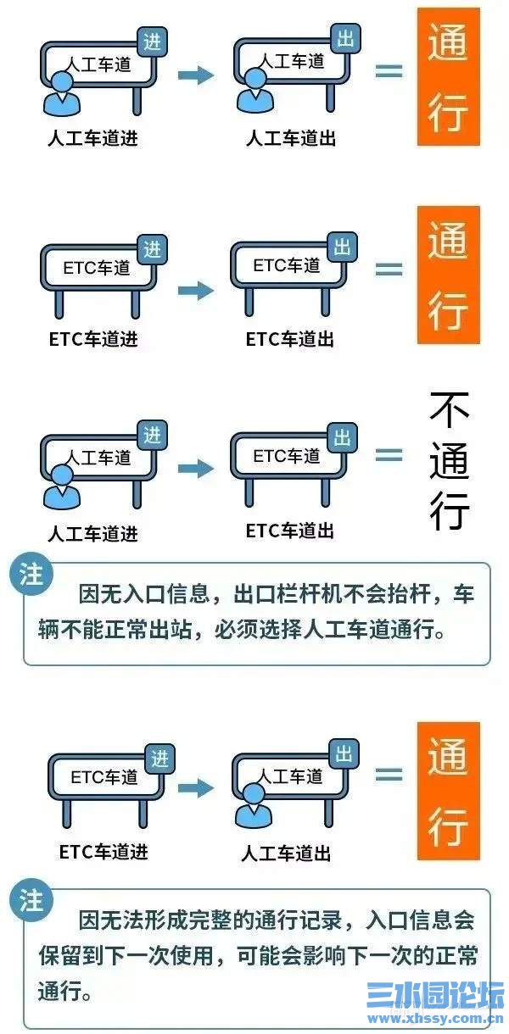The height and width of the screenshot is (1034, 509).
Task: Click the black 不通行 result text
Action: click(x=449, y=461)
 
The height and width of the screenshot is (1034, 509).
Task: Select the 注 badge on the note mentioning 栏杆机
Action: click(x=31, y=577)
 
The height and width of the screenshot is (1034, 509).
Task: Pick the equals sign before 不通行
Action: click(x=389, y=455)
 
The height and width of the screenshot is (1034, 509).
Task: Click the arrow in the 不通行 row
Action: click(x=195, y=467)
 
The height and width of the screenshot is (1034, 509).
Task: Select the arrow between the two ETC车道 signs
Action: click(x=195, y=291)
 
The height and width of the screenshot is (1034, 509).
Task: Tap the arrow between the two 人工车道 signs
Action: click(x=195, y=75)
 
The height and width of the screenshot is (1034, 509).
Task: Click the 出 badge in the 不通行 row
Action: click(x=343, y=437)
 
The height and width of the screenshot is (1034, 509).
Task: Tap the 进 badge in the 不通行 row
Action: click(x=153, y=436)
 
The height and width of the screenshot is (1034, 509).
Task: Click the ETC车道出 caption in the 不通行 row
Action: click(x=290, y=531)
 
